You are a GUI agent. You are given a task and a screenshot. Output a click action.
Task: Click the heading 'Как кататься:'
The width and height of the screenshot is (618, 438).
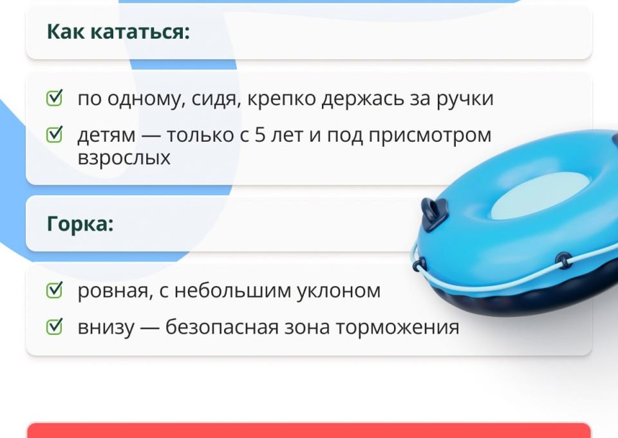[x=118, y=32]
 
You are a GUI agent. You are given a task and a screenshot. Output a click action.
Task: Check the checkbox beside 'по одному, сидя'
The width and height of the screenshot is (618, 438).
[x=55, y=99]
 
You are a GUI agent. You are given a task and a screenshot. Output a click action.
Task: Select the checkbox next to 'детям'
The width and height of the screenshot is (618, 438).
[x=55, y=135]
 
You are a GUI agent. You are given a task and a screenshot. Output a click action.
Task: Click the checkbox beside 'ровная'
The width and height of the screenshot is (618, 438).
[x=55, y=290]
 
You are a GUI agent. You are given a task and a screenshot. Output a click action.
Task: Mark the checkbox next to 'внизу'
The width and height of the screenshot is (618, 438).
[x=55, y=327]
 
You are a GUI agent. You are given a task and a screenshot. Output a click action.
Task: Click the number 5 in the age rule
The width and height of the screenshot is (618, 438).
[x=261, y=135]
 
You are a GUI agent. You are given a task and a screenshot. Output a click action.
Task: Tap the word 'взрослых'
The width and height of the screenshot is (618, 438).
[x=124, y=158]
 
